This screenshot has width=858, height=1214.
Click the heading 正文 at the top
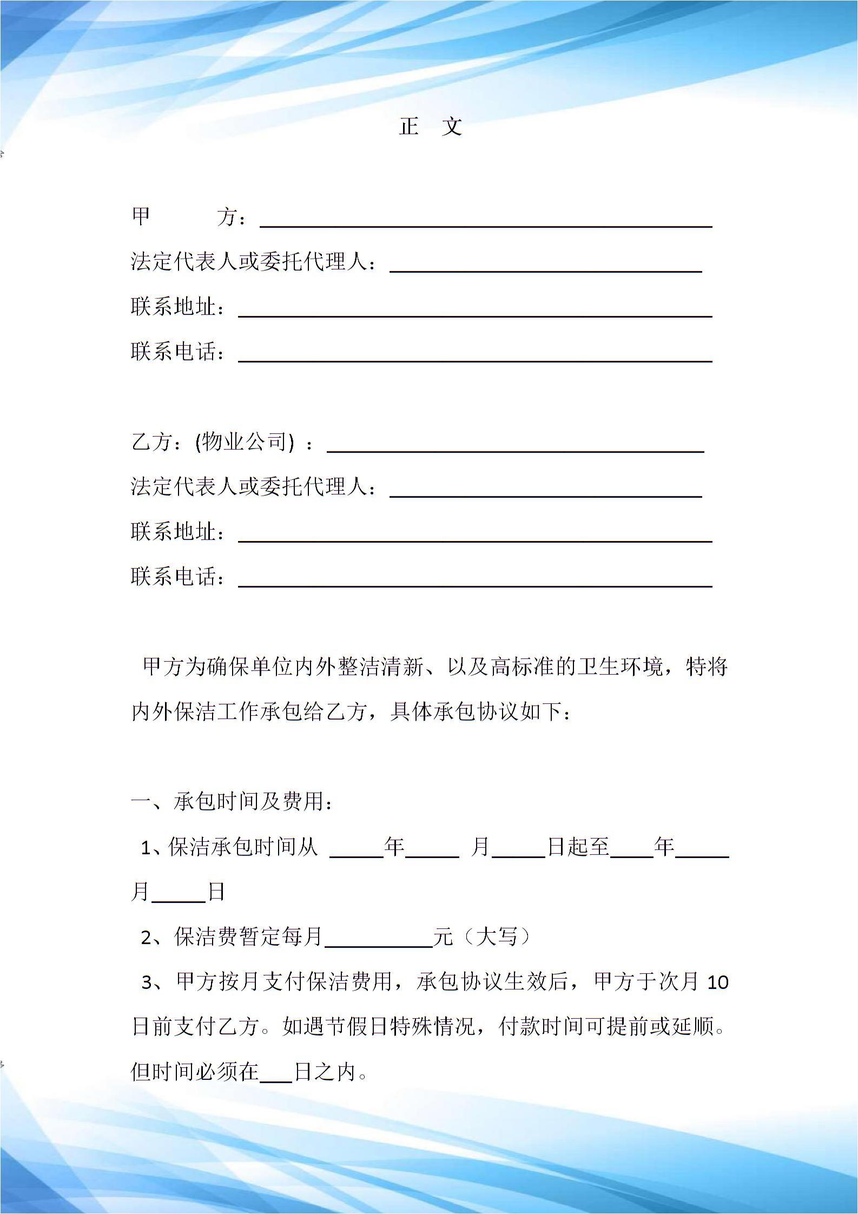[x=430, y=126]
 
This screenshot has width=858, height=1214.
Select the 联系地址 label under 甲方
[x=174, y=307]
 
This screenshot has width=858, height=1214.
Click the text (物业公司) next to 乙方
[x=246, y=442]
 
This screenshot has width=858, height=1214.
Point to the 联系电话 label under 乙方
[x=174, y=577]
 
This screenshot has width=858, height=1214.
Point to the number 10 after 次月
[x=718, y=982]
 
